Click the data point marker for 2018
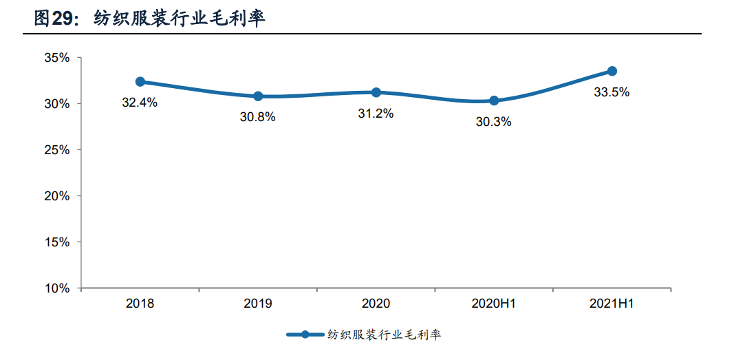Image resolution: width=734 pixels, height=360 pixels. point(140,81)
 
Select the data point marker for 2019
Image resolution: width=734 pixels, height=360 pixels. point(258,96)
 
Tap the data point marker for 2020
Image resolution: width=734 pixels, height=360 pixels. point(376,92)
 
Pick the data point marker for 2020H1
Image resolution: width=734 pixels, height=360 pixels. point(494,100)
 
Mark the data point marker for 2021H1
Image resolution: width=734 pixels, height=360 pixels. point(612,71)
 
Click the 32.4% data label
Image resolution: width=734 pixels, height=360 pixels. point(140,103)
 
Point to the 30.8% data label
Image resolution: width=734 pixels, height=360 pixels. point(258,117)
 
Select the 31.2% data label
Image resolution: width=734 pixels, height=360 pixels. point(376,114)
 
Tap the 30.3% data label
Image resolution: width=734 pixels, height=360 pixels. point(493,122)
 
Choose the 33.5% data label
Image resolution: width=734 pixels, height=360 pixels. point(612,92)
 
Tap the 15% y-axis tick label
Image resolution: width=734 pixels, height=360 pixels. point(57,242)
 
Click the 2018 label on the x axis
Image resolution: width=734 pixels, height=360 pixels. point(140,304)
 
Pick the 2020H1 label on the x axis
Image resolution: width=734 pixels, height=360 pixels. point(494,304)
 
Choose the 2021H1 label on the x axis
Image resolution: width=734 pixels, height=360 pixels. point(612,304)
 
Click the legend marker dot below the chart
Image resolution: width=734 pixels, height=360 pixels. point(305,335)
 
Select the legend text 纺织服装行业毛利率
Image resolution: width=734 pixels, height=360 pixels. point(385,335)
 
